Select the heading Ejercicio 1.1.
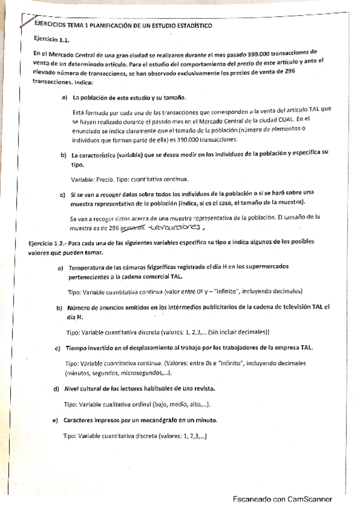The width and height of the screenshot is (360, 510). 53,39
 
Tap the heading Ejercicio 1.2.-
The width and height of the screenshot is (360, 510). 47,242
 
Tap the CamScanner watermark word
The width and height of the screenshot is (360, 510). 311,499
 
